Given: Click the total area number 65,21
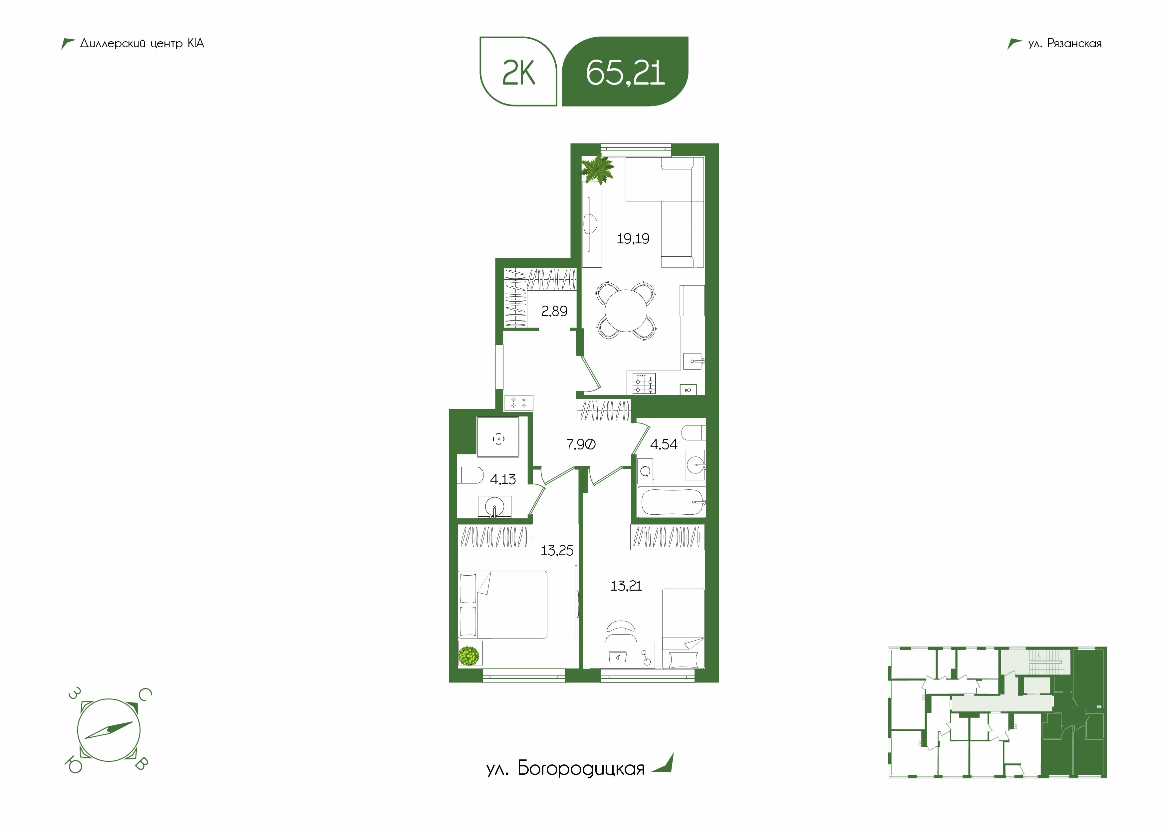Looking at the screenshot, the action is click(625, 73).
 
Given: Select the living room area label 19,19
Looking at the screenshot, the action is click(633, 238).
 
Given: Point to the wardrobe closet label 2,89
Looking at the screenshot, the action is click(554, 311).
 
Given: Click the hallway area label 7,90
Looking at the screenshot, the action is click(581, 444).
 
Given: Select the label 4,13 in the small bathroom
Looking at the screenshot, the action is click(503, 479).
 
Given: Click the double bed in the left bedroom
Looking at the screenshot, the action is click(503, 604).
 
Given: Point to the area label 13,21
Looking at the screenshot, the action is click(626, 586).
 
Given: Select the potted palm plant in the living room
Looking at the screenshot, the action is click(598, 169).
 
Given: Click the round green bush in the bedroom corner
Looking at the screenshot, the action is click(469, 656).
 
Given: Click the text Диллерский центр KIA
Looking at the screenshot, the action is click(142, 44).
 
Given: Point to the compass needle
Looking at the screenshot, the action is click(109, 730).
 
